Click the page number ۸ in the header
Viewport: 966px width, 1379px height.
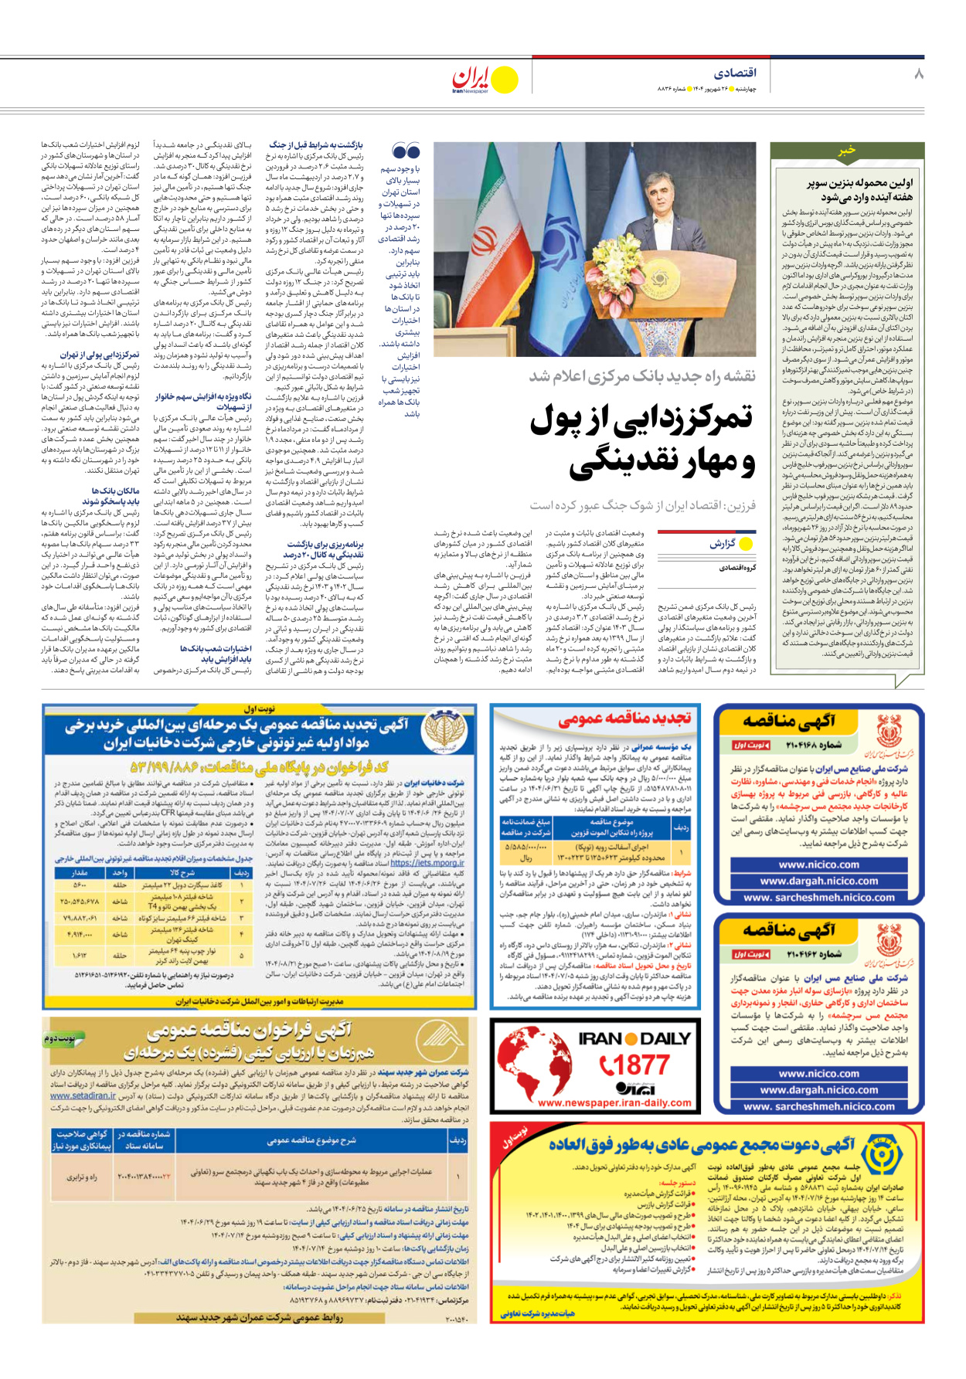point(918,74)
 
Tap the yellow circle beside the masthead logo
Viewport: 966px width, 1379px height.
point(505,80)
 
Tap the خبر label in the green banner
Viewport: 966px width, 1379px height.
point(847,151)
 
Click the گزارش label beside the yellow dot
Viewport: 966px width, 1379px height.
point(723,544)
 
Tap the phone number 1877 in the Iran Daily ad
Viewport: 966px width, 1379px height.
point(635,1065)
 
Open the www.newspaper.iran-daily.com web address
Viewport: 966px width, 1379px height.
point(614,1102)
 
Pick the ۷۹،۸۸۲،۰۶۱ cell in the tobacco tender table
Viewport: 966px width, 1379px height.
point(79,919)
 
